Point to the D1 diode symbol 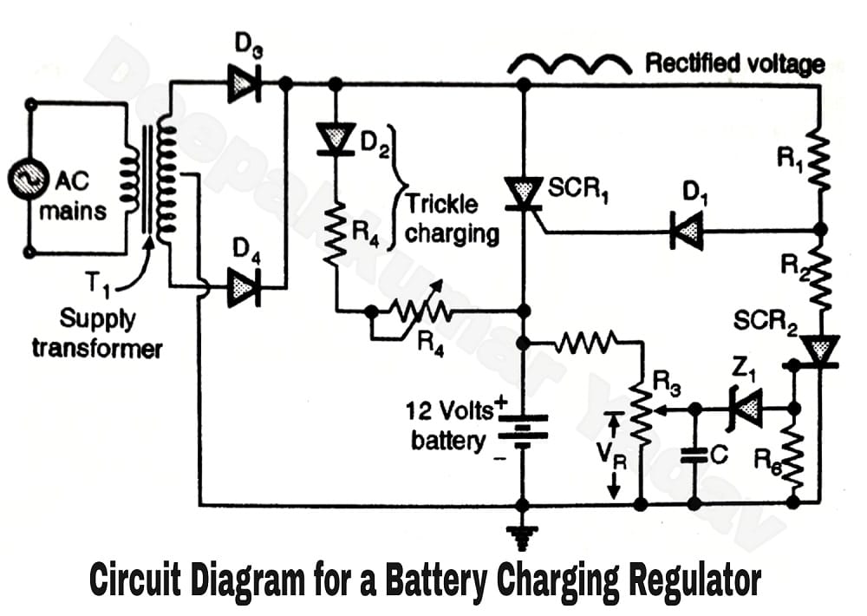(x=687, y=232)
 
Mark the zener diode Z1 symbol (x=746, y=407)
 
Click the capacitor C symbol (x=694, y=455)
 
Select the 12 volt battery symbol (x=522, y=429)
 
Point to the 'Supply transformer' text (x=97, y=333)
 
